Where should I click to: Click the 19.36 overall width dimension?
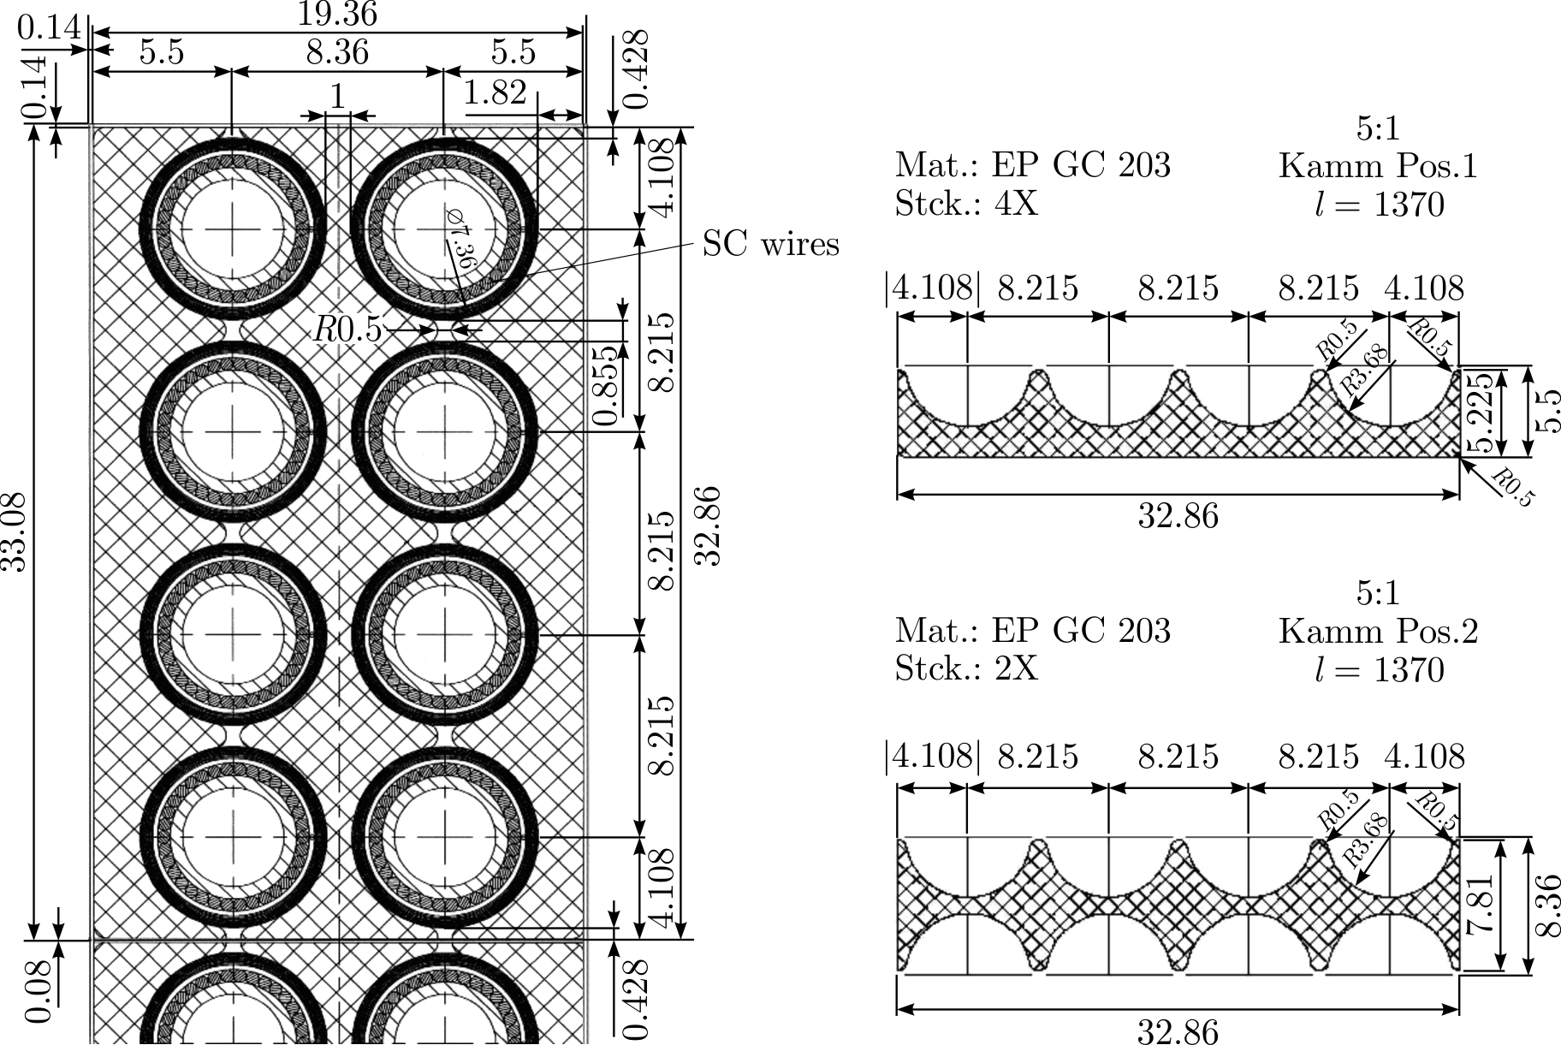(337, 14)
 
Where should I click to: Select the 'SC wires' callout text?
(771, 245)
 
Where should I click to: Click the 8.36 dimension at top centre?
(337, 52)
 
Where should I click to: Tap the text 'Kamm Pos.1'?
(1378, 165)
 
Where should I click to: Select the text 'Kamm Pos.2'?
(1378, 631)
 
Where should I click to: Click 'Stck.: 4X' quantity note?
(967, 204)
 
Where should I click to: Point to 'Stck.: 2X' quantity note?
(967, 668)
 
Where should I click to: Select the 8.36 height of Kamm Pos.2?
(1546, 905)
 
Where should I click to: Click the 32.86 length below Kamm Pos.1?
(1178, 516)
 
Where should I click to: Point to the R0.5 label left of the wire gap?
(347, 329)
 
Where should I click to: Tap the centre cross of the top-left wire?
(232, 229)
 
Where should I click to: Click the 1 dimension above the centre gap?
(337, 97)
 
